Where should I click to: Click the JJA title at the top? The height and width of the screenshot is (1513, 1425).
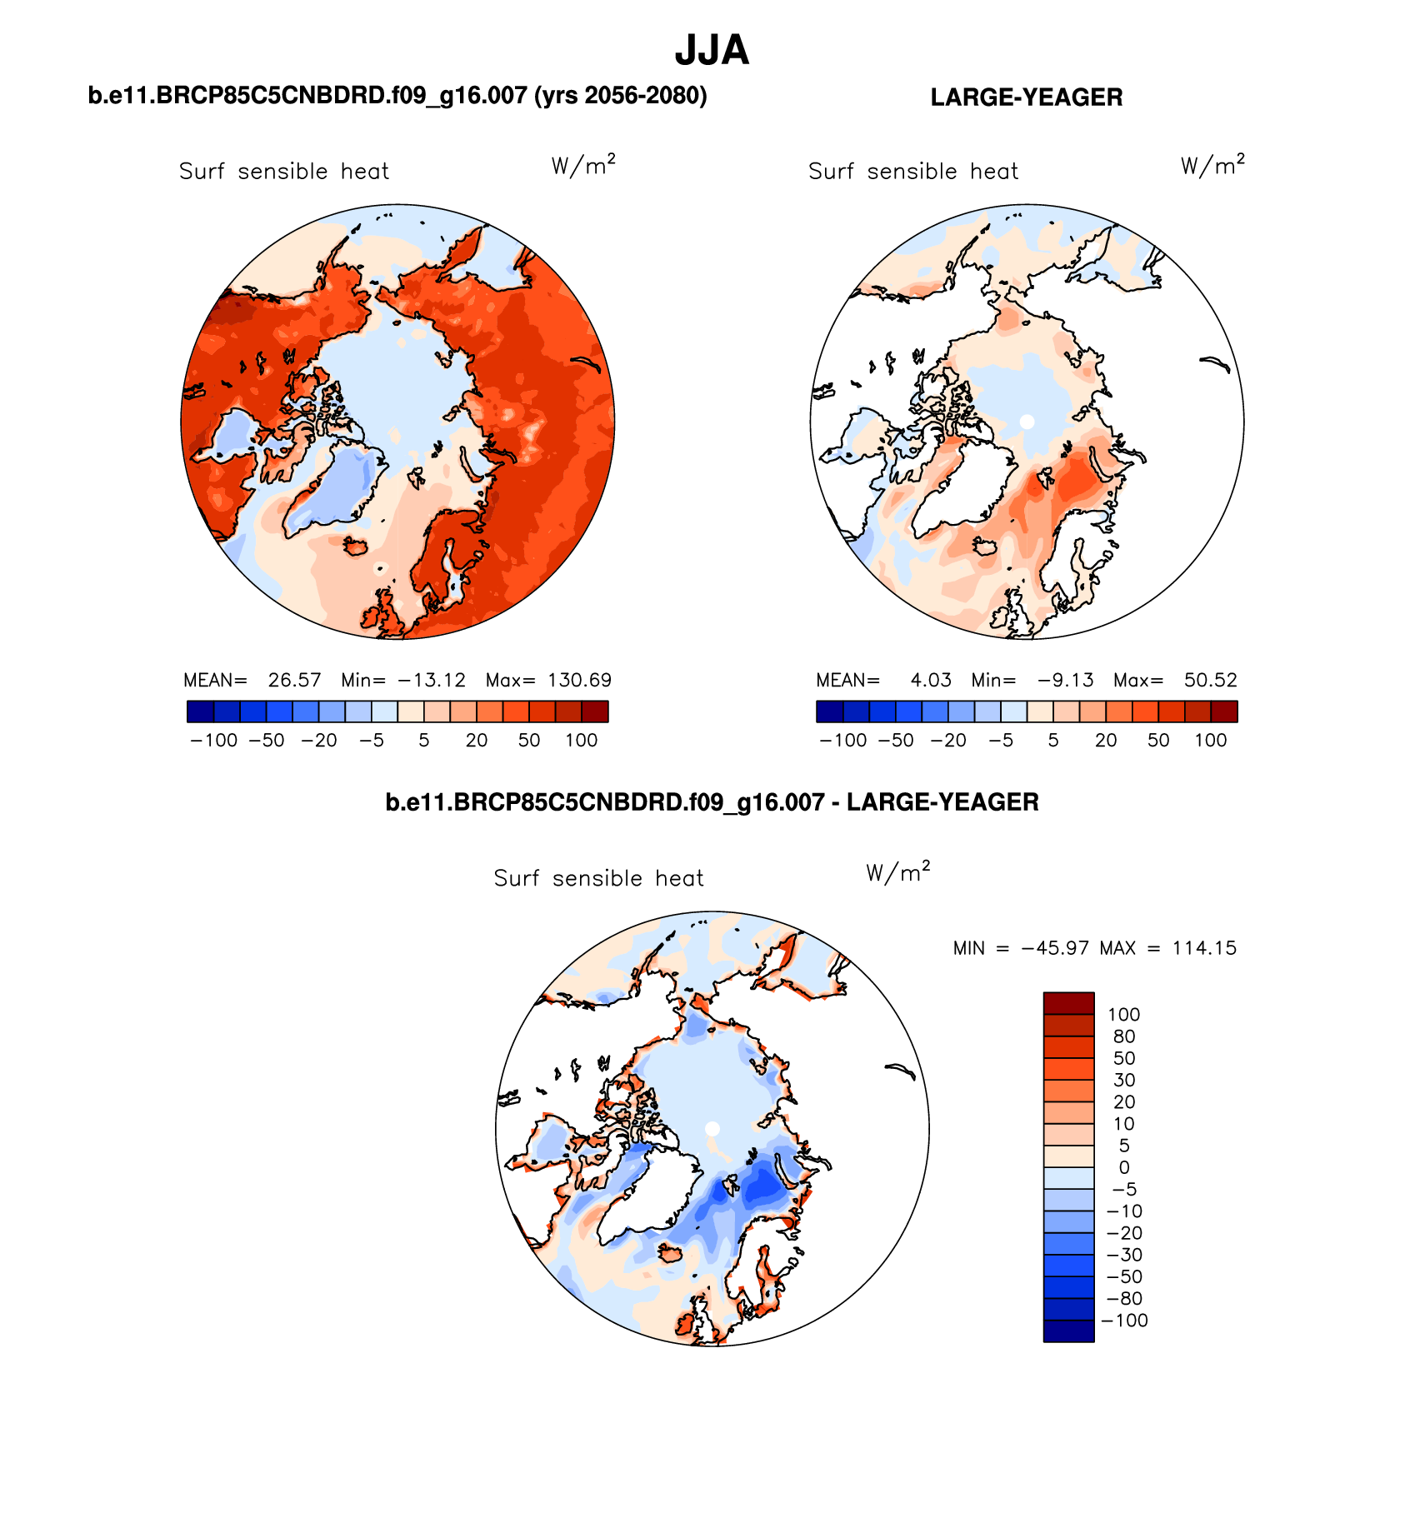(712, 51)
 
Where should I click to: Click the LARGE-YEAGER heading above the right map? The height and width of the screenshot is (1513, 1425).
(1026, 97)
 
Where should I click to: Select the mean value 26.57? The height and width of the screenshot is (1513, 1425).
(294, 680)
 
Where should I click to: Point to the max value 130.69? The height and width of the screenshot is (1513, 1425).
(579, 680)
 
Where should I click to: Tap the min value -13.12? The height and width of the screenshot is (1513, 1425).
(432, 680)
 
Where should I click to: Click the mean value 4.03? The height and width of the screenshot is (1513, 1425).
(931, 680)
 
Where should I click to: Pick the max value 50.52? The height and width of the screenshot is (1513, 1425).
(1210, 680)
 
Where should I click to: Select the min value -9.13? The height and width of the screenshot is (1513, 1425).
(1066, 680)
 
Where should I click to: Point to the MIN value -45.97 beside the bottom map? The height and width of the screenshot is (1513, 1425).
(1054, 948)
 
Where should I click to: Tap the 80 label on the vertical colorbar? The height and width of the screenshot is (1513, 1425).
(1124, 1036)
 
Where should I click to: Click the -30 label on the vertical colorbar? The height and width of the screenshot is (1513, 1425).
(1124, 1255)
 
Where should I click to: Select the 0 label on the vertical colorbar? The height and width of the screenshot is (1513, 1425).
(1124, 1167)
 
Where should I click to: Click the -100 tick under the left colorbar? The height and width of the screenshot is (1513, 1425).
(214, 741)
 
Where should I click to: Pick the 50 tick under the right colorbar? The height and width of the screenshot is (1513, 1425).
(1158, 741)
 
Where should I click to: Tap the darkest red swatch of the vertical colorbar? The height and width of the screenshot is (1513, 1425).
(1068, 1003)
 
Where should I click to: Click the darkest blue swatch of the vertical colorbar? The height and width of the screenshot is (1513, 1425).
(1068, 1331)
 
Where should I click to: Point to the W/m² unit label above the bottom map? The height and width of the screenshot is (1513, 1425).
(897, 872)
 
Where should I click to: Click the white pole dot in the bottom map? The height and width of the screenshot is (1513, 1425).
(712, 1128)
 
